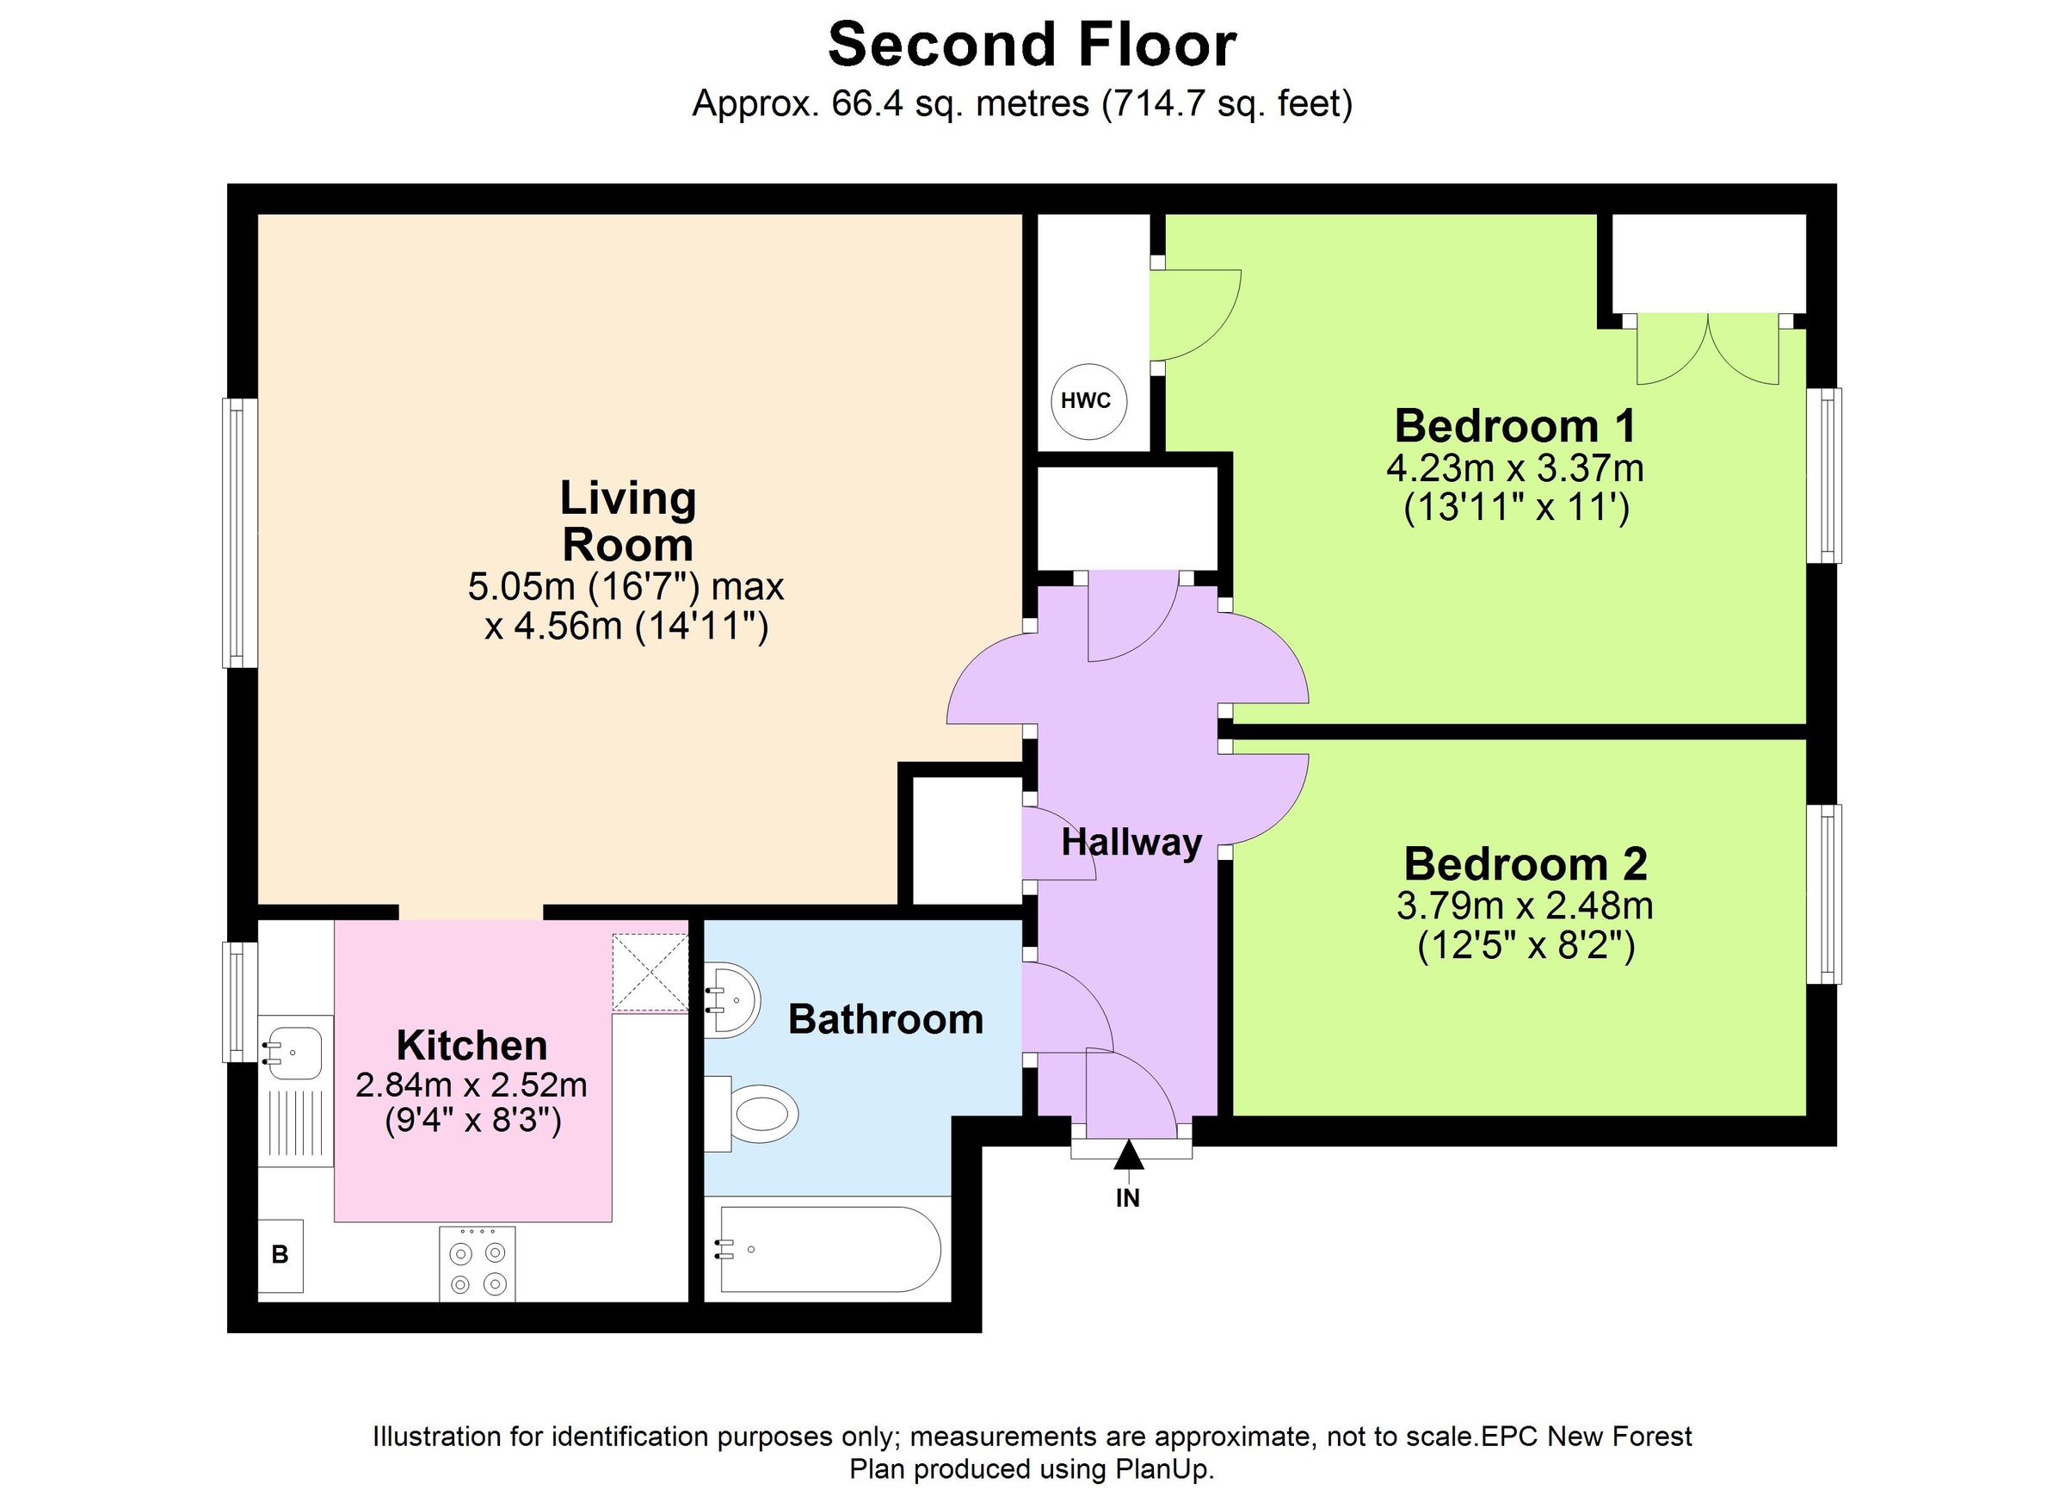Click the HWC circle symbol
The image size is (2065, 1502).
click(x=1088, y=401)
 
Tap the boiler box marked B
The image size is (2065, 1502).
click(x=280, y=1255)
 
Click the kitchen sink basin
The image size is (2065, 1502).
click(x=293, y=1053)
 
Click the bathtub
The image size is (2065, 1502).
click(x=829, y=1249)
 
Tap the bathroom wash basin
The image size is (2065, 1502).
click(x=734, y=999)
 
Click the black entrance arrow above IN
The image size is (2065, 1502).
click(x=1129, y=1155)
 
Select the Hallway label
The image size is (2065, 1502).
click(x=1131, y=843)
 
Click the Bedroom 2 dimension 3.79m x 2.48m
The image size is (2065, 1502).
click(x=1525, y=906)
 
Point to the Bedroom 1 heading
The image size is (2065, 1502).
click(x=1515, y=426)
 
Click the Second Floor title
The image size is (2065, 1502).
click(x=1032, y=45)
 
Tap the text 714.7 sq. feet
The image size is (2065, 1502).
click(x=1226, y=104)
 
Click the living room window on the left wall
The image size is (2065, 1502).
click(x=239, y=532)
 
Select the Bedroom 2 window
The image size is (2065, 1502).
click(x=1825, y=893)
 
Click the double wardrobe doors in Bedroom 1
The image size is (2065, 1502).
click(x=1708, y=349)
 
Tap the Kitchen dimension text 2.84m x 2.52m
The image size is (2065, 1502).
click(x=471, y=1085)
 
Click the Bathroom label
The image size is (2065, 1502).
click(x=885, y=1019)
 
